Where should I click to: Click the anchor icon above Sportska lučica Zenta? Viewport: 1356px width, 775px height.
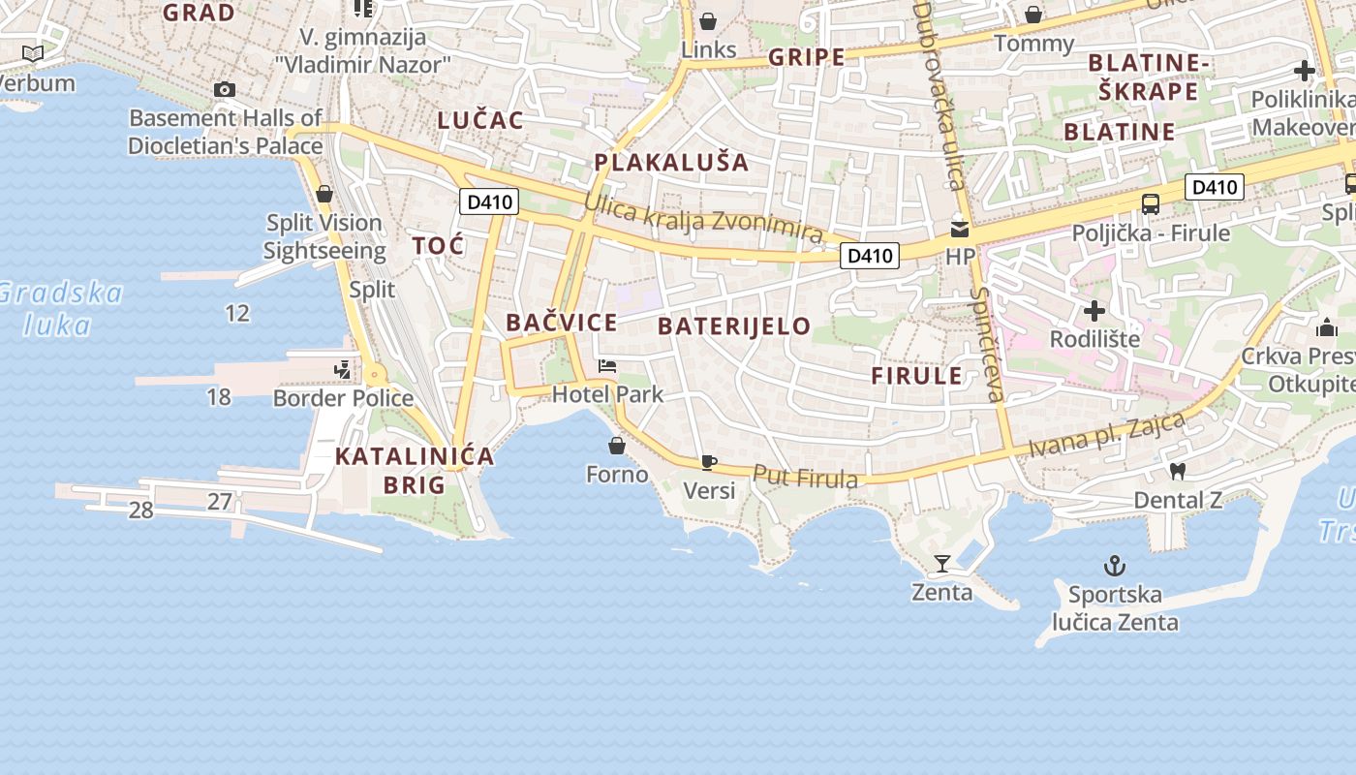1115,566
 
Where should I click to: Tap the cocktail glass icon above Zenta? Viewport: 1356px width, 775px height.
941,563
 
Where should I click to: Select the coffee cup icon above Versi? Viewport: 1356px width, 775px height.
709,462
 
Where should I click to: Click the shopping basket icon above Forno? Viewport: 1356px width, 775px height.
617,446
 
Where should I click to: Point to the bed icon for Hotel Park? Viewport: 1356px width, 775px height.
607,366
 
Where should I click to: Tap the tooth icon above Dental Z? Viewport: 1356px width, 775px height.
1178,472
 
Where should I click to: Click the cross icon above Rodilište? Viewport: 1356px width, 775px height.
1094,311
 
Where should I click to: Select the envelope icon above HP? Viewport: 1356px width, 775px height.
960,229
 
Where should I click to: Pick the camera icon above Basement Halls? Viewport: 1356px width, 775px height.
225,90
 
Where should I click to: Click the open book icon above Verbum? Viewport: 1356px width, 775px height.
33,53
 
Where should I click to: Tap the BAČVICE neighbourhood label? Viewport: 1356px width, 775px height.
562,323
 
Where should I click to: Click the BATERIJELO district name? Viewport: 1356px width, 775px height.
734,326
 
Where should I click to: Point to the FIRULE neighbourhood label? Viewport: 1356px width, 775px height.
916,376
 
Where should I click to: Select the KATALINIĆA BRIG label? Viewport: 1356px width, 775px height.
415,470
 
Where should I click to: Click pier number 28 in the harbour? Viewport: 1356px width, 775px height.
141,511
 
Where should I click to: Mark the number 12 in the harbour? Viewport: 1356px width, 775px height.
237,313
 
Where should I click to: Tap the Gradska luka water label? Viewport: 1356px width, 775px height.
60,308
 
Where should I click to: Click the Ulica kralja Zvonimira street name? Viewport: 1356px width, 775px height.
703,219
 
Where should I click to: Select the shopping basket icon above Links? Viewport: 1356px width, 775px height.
709,20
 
